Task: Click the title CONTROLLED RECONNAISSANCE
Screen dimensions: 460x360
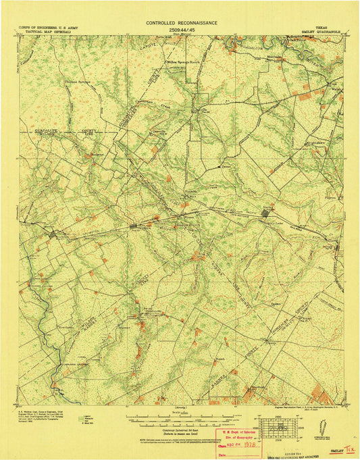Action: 182,22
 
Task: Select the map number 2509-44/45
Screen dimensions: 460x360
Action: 182,30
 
